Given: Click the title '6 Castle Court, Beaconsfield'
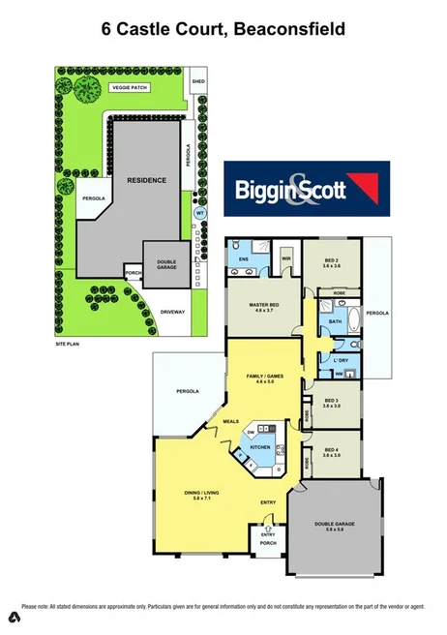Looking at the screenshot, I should click(x=223, y=30).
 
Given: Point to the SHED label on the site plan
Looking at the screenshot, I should click(x=198, y=81).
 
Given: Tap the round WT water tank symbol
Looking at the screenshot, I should click(x=200, y=213).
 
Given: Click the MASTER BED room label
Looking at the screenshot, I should click(x=259, y=307).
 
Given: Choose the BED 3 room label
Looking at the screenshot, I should click(x=331, y=402).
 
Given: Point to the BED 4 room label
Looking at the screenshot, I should click(x=331, y=451).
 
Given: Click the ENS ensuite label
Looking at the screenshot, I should click(x=244, y=260).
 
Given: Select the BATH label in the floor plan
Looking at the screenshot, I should click(x=336, y=320).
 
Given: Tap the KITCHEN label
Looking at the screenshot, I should click(x=260, y=447).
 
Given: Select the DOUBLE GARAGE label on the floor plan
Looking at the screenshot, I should click(x=335, y=526).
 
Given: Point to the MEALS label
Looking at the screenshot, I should click(x=231, y=422).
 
